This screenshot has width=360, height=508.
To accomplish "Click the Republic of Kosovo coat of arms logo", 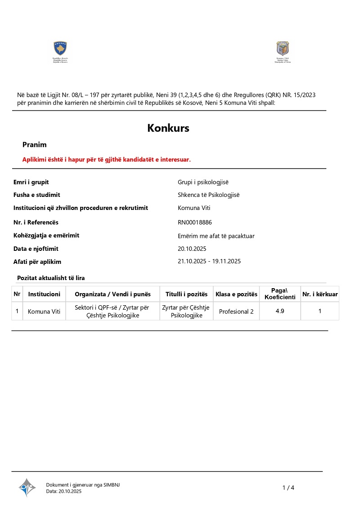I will click(60, 49).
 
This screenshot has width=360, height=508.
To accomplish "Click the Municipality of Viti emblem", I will click(283, 49).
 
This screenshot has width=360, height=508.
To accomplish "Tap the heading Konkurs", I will click(168, 128).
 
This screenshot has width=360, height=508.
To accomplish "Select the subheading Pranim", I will click(35, 145).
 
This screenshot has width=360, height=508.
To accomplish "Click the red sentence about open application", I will click(107, 160).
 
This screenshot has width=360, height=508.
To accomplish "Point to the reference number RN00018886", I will click(195, 223).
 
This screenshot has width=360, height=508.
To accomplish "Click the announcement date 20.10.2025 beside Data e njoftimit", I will click(192, 249).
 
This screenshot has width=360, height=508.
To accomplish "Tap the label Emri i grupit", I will click(31, 182).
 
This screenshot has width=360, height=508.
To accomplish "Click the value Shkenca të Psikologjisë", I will click(209, 195).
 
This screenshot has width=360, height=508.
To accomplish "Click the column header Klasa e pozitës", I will click(236, 294).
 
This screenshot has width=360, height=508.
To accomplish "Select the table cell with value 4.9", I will click(280, 311).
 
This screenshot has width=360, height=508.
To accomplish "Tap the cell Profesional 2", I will click(236, 312).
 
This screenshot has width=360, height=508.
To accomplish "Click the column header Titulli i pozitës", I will click(186, 294).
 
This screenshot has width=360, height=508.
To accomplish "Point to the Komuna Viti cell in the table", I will click(44, 312).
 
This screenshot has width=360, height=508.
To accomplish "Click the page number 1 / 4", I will click(288, 488).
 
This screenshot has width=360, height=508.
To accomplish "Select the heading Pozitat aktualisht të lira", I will click(51, 278).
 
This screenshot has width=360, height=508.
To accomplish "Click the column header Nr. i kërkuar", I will click(320, 294).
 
